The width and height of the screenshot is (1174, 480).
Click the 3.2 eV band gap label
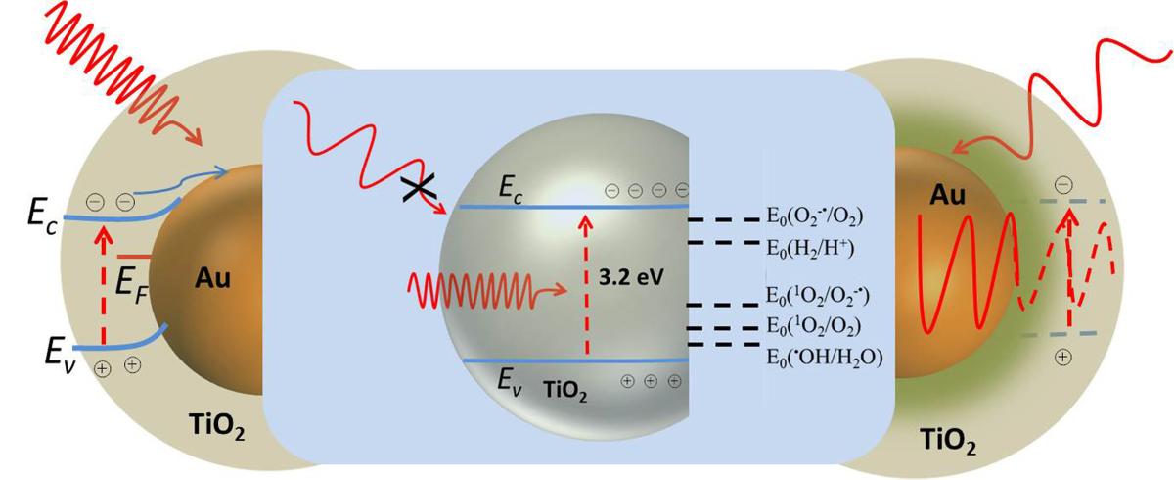631,277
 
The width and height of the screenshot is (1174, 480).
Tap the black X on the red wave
420,188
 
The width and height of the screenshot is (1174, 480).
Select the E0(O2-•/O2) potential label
814,216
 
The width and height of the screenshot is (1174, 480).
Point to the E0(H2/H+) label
810,247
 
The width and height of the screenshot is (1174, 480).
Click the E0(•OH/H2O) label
825,357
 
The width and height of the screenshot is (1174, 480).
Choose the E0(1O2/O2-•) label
818,295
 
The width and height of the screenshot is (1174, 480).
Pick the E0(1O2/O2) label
813,326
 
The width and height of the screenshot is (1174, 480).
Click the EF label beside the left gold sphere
131,287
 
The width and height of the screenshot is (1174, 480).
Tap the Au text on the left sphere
212,278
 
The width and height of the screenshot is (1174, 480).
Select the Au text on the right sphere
948,196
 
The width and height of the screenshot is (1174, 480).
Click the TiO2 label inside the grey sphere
565,391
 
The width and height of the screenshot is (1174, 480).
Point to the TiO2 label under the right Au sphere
948,441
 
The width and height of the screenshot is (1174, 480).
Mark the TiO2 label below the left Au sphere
217,426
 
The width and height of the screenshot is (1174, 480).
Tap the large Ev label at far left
61,356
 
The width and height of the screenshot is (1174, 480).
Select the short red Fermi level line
134,257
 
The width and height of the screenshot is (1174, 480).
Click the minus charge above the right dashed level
1062,185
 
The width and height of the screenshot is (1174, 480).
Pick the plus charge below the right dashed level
1062,358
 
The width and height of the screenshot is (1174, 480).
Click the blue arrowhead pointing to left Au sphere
222,171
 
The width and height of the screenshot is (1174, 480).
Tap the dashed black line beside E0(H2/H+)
723,242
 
